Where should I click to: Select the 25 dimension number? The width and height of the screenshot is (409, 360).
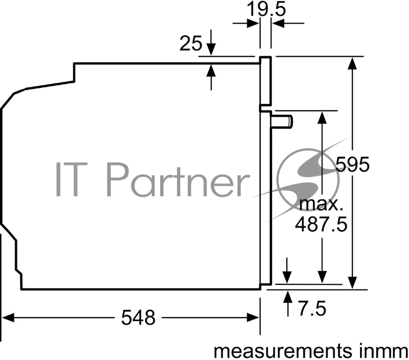pyautogui.click(x=191, y=44)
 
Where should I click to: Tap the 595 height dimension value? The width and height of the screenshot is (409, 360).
pyautogui.click(x=353, y=165)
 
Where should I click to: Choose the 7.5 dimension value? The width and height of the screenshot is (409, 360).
pyautogui.click(x=311, y=308)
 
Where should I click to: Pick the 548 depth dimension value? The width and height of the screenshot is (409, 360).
pyautogui.click(x=138, y=318)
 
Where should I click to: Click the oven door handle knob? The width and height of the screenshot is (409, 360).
pyautogui.click(x=283, y=121)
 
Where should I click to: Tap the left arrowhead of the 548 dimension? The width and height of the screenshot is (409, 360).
pyautogui.click(x=9, y=318)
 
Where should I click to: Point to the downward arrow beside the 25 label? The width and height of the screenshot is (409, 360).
pyautogui.click(x=212, y=50)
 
